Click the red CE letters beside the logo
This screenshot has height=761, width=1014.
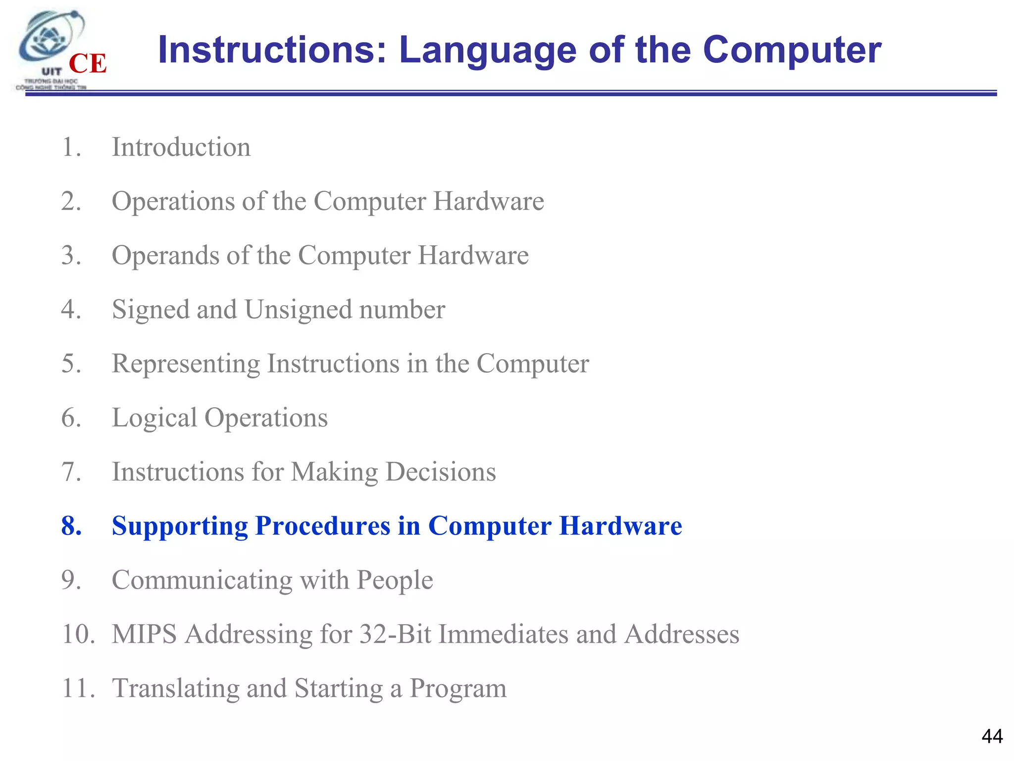[x=88, y=64]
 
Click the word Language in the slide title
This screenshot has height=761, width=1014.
[x=488, y=50]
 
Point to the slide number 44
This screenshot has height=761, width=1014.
[x=992, y=736]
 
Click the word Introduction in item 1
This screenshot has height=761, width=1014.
[x=181, y=147]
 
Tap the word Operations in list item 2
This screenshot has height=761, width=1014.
[x=173, y=202]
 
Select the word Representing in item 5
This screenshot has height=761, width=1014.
[x=186, y=364]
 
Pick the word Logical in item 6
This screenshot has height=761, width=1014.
[x=154, y=418]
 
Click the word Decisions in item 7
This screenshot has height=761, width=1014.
[x=440, y=472]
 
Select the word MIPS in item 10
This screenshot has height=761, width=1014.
[x=144, y=634]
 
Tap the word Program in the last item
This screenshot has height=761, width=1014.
[x=458, y=689]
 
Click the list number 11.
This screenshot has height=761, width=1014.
[x=78, y=688]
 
